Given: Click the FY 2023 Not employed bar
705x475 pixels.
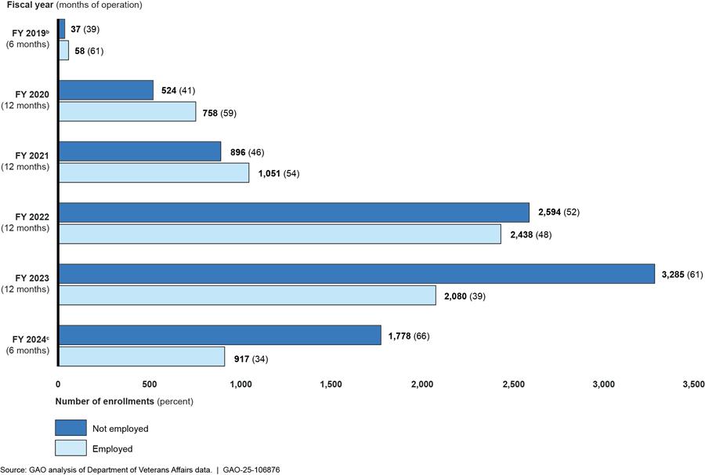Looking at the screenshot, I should [x=356, y=274].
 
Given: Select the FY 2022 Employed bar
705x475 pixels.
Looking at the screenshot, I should [x=280, y=234].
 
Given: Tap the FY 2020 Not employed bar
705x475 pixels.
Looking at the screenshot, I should [x=106, y=90].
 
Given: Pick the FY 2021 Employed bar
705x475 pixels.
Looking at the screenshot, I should [x=154, y=172].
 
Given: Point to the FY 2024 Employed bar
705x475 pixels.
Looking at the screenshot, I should [x=142, y=357].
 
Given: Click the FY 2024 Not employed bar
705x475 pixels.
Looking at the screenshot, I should [x=220, y=336].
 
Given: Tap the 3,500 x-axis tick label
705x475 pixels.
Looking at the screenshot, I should [x=692, y=385].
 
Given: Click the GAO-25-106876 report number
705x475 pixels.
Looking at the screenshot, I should [x=251, y=470].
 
